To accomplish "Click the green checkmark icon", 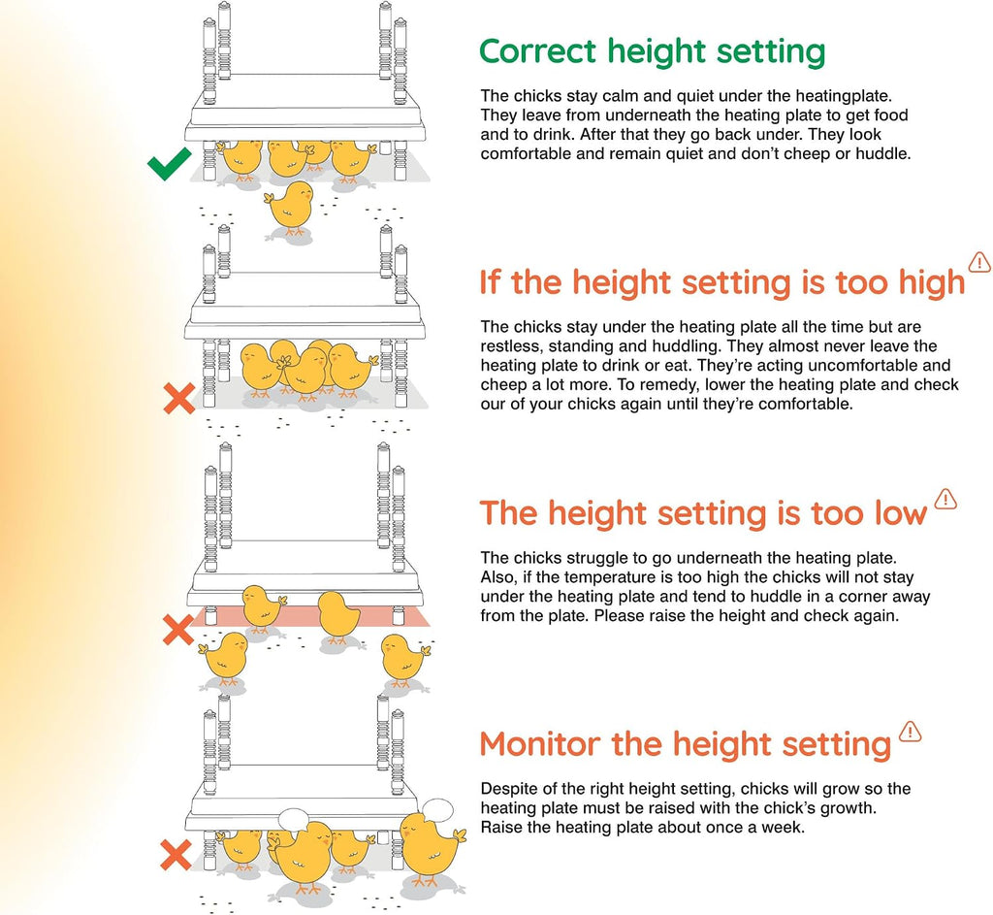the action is [169, 164].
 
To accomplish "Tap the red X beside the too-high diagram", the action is [179, 399].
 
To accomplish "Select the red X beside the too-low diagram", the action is [178, 630].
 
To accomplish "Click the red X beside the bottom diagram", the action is [176, 855].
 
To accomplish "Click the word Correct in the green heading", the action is [537, 50].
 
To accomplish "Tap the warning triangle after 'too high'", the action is [979, 262].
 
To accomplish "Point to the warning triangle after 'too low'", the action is [945, 499].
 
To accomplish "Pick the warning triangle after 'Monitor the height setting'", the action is [910, 732].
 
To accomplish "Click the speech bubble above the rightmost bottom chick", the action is [437, 810].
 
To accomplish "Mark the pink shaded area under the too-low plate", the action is [310, 616].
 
